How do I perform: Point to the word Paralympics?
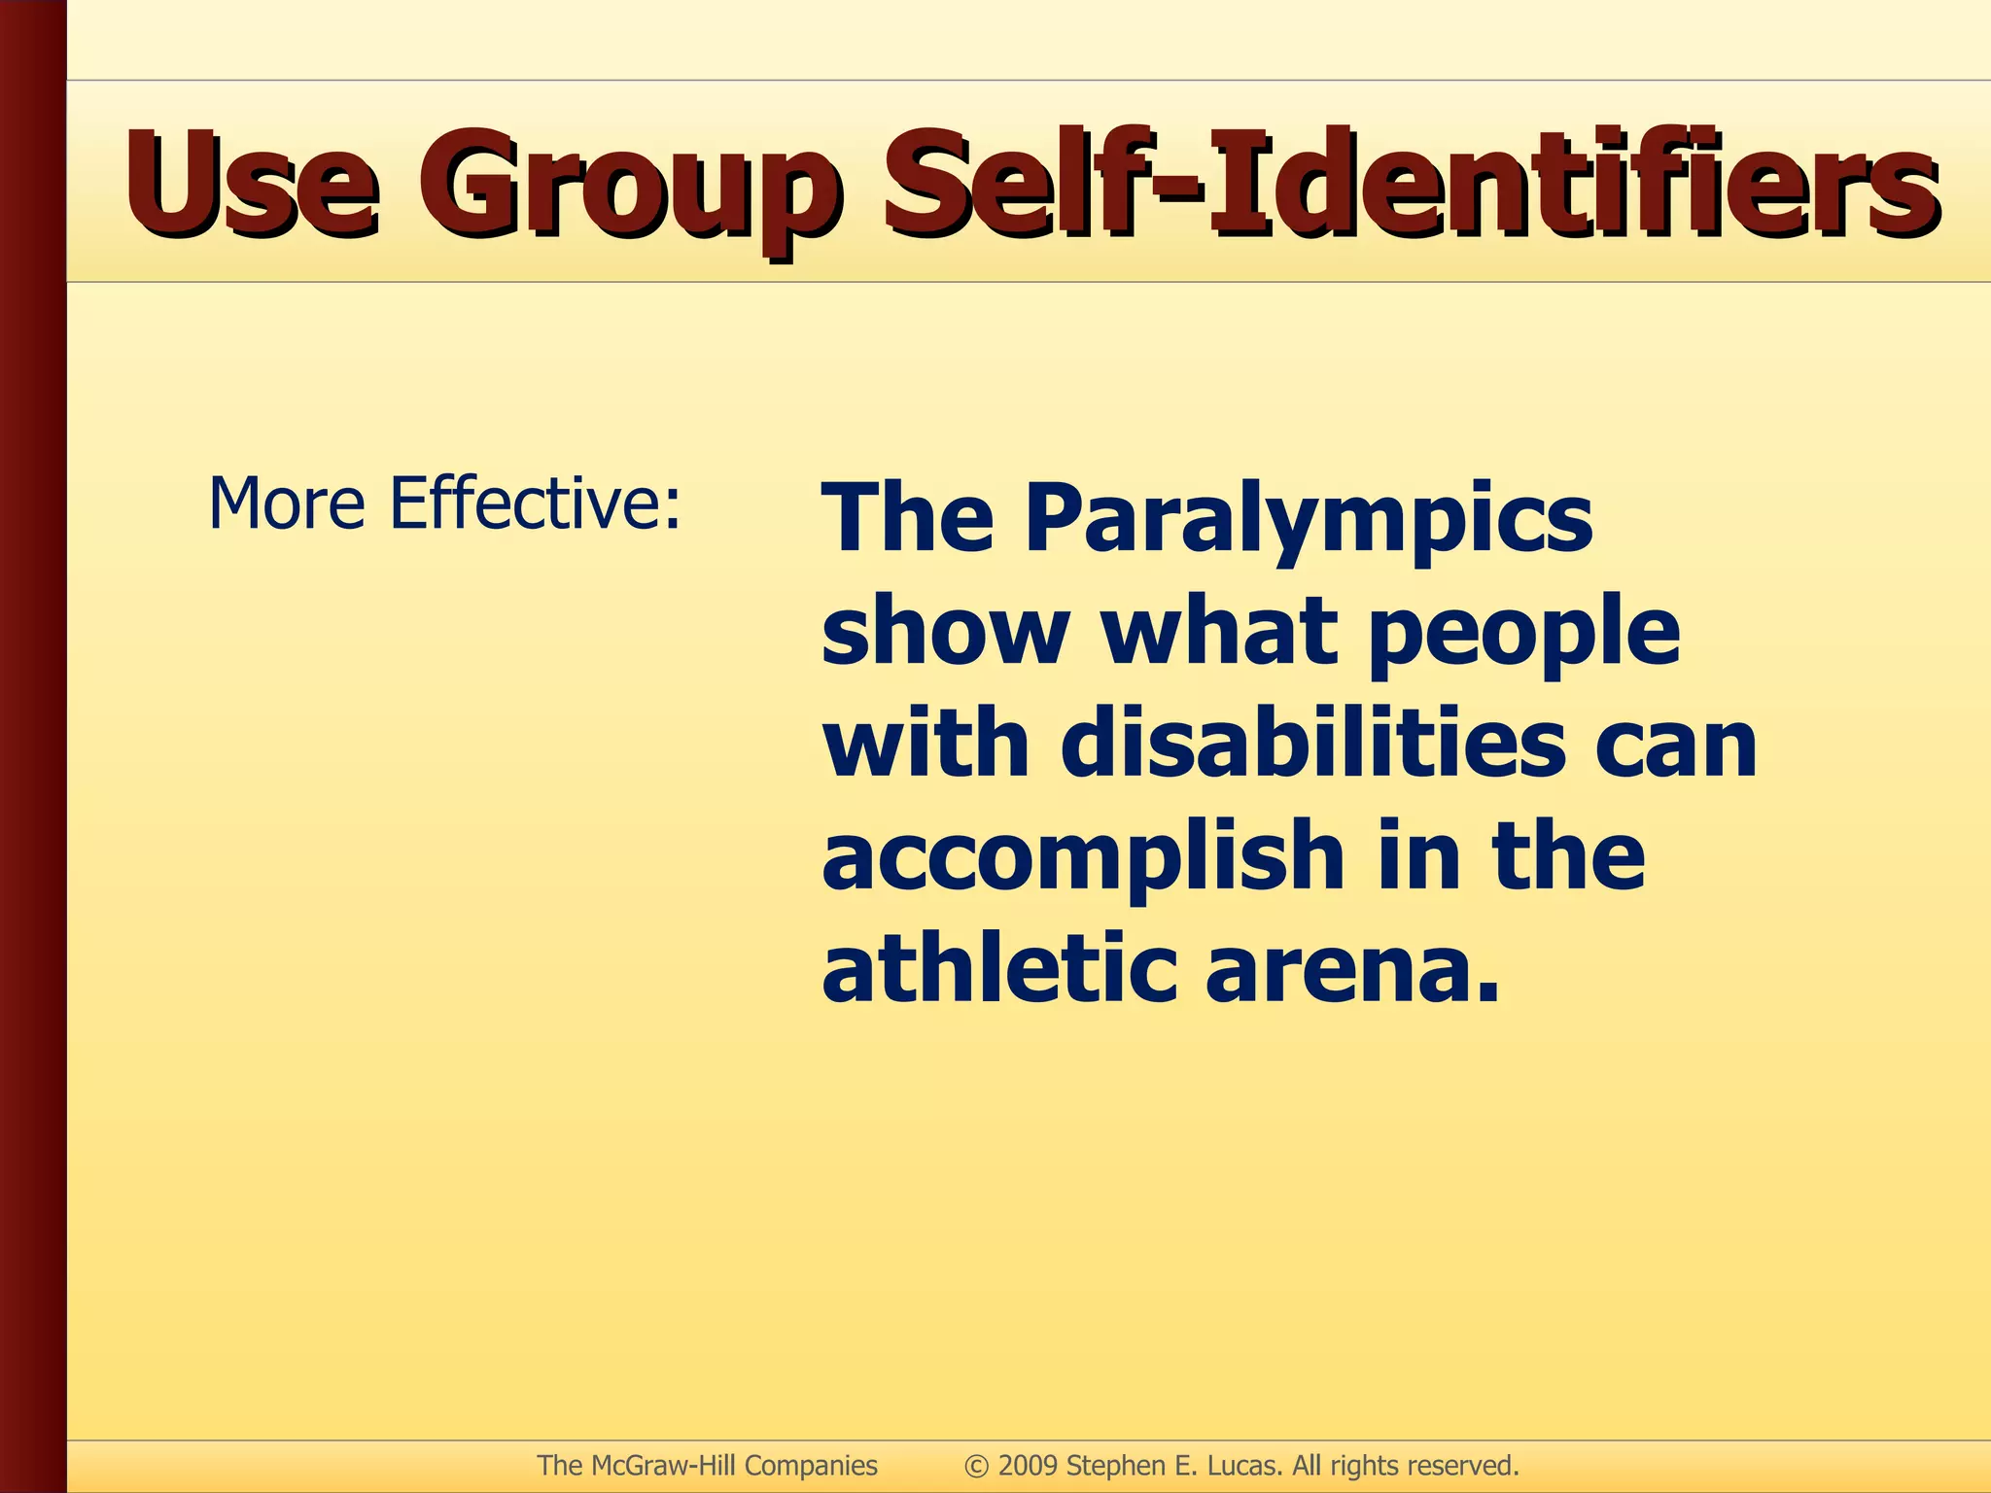tap(1308, 520)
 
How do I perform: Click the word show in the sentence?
tap(944, 632)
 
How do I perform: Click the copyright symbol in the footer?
tap(975, 1466)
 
